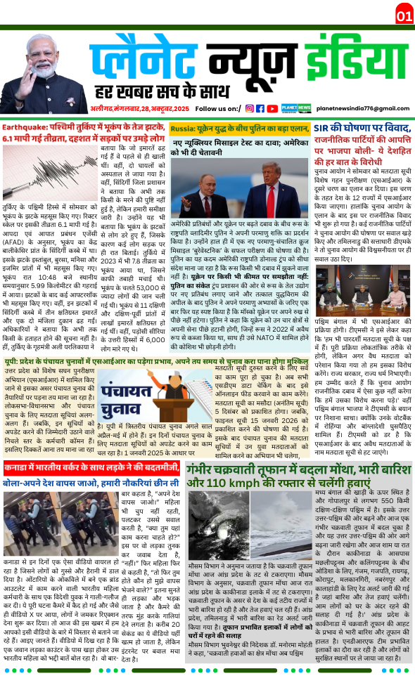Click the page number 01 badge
pyautogui.click(x=404, y=15)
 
